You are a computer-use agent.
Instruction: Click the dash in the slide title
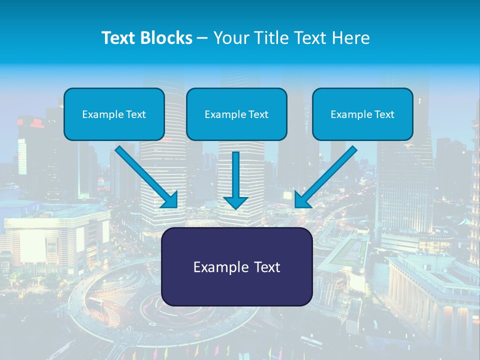pyautogui.click(x=203, y=38)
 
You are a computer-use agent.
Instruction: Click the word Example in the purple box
pyautogui.click(x=218, y=267)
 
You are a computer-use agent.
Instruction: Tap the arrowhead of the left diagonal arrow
pyautogui.click(x=170, y=200)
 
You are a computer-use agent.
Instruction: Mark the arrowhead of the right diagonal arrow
pyautogui.click(x=303, y=200)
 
